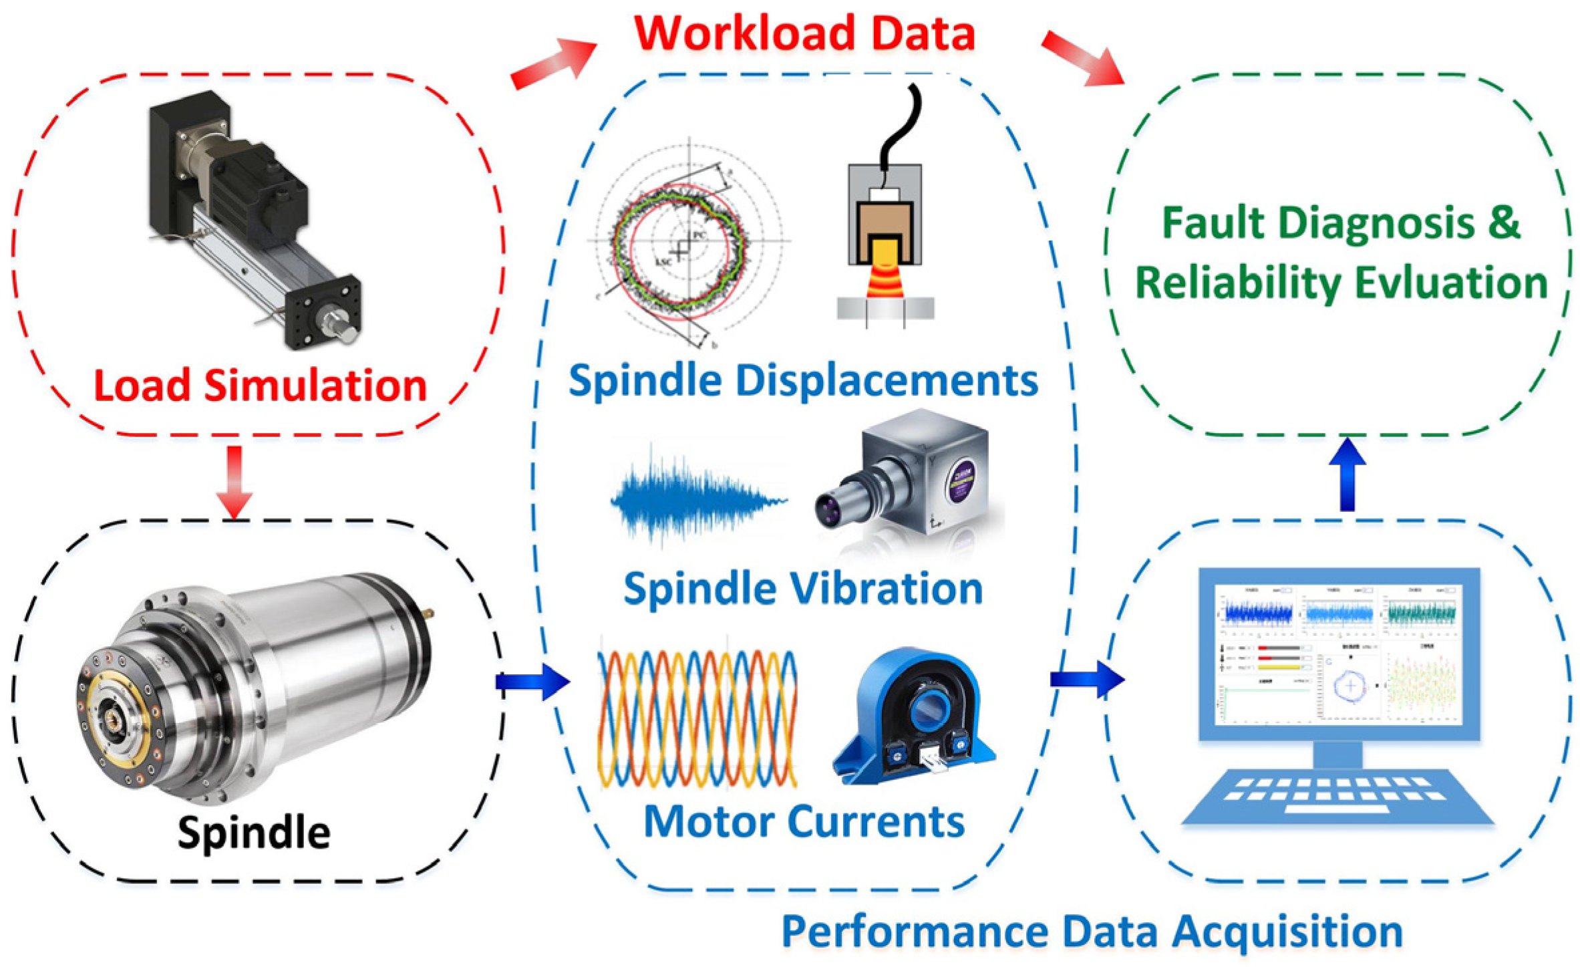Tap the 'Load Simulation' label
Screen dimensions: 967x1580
(x=260, y=386)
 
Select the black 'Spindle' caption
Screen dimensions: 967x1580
(x=254, y=832)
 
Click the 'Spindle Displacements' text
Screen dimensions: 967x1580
(x=803, y=380)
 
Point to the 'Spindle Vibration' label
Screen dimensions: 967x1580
(x=803, y=588)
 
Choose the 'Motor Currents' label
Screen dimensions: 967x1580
(x=804, y=821)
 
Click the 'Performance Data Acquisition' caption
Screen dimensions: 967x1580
(x=1092, y=931)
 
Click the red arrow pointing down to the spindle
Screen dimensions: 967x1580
(x=234, y=481)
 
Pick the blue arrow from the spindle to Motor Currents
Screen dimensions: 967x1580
(x=532, y=682)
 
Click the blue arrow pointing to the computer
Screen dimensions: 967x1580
(x=1086, y=680)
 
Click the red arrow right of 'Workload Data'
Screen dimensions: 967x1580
(x=1082, y=58)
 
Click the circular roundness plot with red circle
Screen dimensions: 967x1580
(x=681, y=244)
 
